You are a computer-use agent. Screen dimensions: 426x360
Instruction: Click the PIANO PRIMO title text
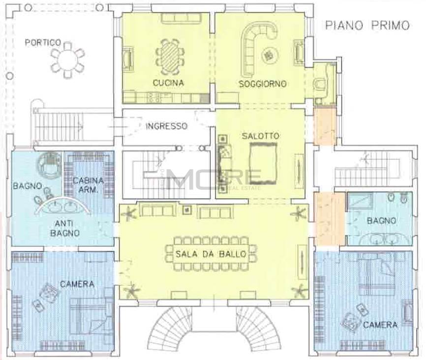click(x=367, y=25)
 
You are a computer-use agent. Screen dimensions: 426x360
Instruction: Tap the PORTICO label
click(x=43, y=42)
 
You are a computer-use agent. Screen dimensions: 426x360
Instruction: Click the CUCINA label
click(x=168, y=83)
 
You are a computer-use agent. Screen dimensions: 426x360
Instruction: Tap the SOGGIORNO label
click(x=263, y=84)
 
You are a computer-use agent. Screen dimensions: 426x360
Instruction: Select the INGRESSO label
click(x=167, y=126)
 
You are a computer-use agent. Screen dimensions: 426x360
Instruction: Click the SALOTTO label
click(x=261, y=136)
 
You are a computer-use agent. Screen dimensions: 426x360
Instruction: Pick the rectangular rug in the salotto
click(x=263, y=163)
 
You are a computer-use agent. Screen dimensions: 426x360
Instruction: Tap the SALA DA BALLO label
click(x=211, y=254)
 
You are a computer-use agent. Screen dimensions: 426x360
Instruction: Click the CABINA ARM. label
click(x=84, y=185)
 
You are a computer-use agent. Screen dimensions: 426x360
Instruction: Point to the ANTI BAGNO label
click(x=65, y=229)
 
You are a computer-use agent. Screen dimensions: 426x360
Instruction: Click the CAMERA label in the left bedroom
click(x=77, y=284)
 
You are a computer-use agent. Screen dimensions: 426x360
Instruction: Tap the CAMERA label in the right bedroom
click(x=380, y=325)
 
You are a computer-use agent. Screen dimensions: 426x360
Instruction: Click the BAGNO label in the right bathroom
click(x=381, y=221)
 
